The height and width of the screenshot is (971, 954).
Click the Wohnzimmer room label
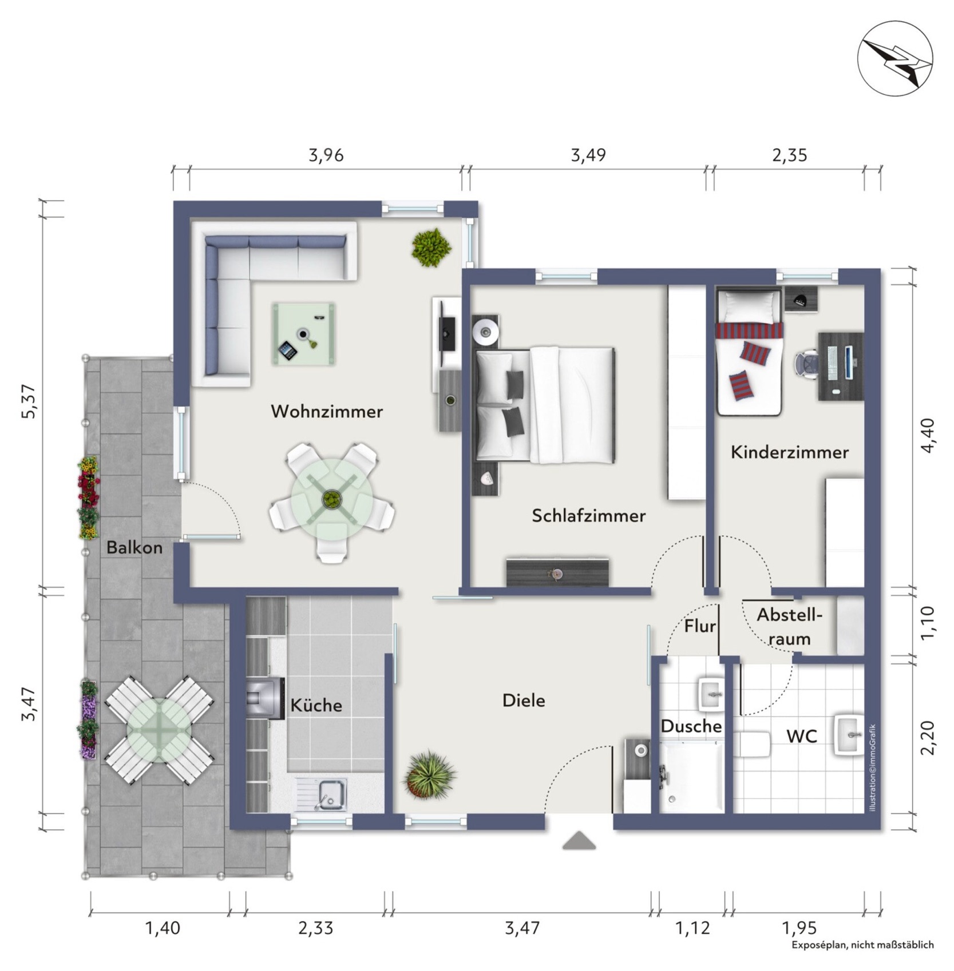pyautogui.click(x=327, y=411)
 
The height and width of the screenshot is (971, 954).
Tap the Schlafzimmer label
pyautogui.click(x=588, y=515)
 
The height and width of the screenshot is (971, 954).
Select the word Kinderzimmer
pyautogui.click(x=789, y=452)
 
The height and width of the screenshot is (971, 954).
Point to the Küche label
pyautogui.click(x=316, y=705)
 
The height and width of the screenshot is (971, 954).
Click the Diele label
pyautogui.click(x=524, y=700)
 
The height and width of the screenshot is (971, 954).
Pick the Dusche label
pyautogui.click(x=691, y=726)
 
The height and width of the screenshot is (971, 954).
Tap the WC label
pyautogui.click(x=802, y=736)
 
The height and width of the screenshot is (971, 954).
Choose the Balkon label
pyautogui.click(x=134, y=547)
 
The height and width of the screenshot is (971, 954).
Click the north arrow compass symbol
pyautogui.click(x=894, y=59)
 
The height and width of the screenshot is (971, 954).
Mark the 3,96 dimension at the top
pyautogui.click(x=326, y=155)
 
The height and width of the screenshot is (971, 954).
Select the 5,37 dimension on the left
pyautogui.click(x=28, y=401)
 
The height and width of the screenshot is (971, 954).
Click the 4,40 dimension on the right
pyautogui.click(x=928, y=436)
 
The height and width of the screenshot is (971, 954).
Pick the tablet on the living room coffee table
pyautogui.click(x=288, y=350)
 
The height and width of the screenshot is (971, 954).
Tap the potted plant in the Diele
pyautogui.click(x=430, y=775)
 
